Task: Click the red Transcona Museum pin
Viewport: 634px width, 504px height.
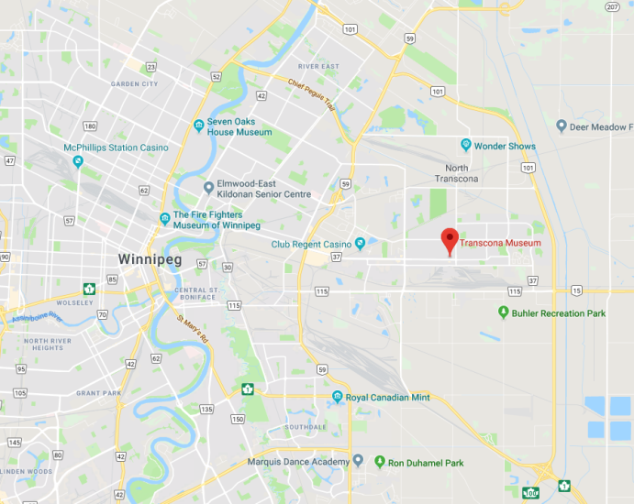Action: click(449, 240)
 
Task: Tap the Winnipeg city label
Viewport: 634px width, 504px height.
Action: click(150, 259)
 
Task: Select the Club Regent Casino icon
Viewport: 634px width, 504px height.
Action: click(361, 244)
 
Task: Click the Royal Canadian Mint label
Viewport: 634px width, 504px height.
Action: click(387, 398)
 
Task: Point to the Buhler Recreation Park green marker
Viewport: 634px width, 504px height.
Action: click(503, 313)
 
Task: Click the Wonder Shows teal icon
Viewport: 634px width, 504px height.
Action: click(466, 146)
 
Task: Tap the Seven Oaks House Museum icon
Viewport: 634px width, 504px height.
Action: click(198, 126)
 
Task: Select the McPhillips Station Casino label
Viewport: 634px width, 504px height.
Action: click(116, 148)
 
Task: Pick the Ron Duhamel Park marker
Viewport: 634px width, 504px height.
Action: click(380, 462)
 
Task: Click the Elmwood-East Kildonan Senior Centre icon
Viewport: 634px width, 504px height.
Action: click(209, 188)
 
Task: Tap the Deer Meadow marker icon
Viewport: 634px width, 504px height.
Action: click(561, 126)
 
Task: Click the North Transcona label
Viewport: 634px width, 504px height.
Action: click(456, 173)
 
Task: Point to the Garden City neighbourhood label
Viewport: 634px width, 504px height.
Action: click(134, 83)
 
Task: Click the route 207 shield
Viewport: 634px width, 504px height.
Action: click(612, 6)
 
